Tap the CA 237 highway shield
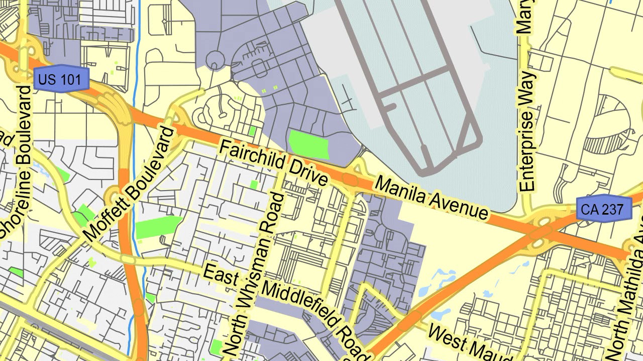pyautogui.click(x=604, y=209)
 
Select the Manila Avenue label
pyautogui.click(x=432, y=198)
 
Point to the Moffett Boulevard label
pyautogui.click(x=131, y=184)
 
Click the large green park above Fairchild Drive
pyautogui.click(x=309, y=144)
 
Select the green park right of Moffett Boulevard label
pyautogui.click(x=158, y=227)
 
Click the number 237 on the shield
pyautogui.click(x=613, y=209)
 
